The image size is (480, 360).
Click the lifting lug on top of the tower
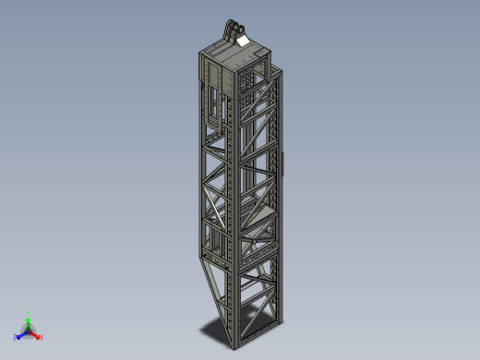[x=231, y=30]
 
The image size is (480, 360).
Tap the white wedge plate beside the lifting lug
[x=243, y=40]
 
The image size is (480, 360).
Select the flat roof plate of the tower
[x=231, y=54]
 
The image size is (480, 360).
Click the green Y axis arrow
[x=29, y=319]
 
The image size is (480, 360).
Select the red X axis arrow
[x=36, y=333]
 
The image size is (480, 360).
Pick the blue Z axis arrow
[x=22, y=333]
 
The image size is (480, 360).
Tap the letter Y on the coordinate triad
[x=29, y=312]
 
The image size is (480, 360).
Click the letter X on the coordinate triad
[x=42, y=337]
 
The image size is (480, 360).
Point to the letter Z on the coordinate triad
[x=16, y=337]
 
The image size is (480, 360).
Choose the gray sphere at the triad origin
[x=29, y=330]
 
